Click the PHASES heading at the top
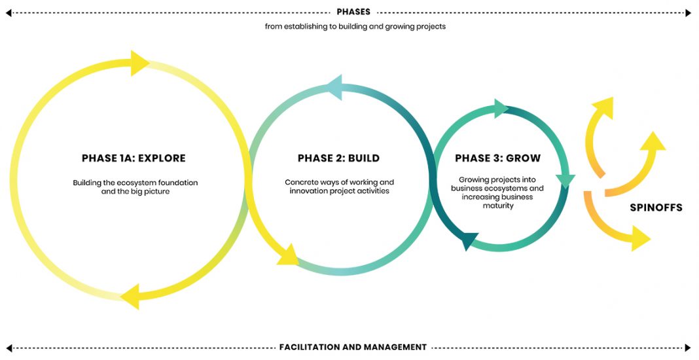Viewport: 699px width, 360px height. (353, 12)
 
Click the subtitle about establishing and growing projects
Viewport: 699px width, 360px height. (355, 26)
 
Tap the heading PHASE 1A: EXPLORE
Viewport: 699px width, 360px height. (134, 158)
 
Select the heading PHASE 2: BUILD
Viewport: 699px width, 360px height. (339, 158)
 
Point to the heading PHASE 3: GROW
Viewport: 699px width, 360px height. (497, 158)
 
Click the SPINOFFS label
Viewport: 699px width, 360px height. (656, 207)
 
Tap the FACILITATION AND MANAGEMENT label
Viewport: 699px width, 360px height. (353, 347)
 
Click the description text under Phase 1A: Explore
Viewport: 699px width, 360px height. (135, 187)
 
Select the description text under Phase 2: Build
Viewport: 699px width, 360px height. (339, 187)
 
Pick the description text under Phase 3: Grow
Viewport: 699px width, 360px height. (497, 192)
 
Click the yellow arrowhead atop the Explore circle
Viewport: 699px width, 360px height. (139, 63)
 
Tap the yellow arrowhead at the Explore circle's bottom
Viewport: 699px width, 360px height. (131, 297)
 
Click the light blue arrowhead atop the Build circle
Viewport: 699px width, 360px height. (335, 88)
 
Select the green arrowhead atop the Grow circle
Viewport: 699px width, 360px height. (501, 109)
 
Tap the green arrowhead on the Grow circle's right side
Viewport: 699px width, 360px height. (565, 181)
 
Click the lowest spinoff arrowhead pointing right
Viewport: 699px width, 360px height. (641, 238)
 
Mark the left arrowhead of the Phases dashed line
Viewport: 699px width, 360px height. (9, 13)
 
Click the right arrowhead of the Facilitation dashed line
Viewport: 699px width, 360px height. (688, 348)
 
